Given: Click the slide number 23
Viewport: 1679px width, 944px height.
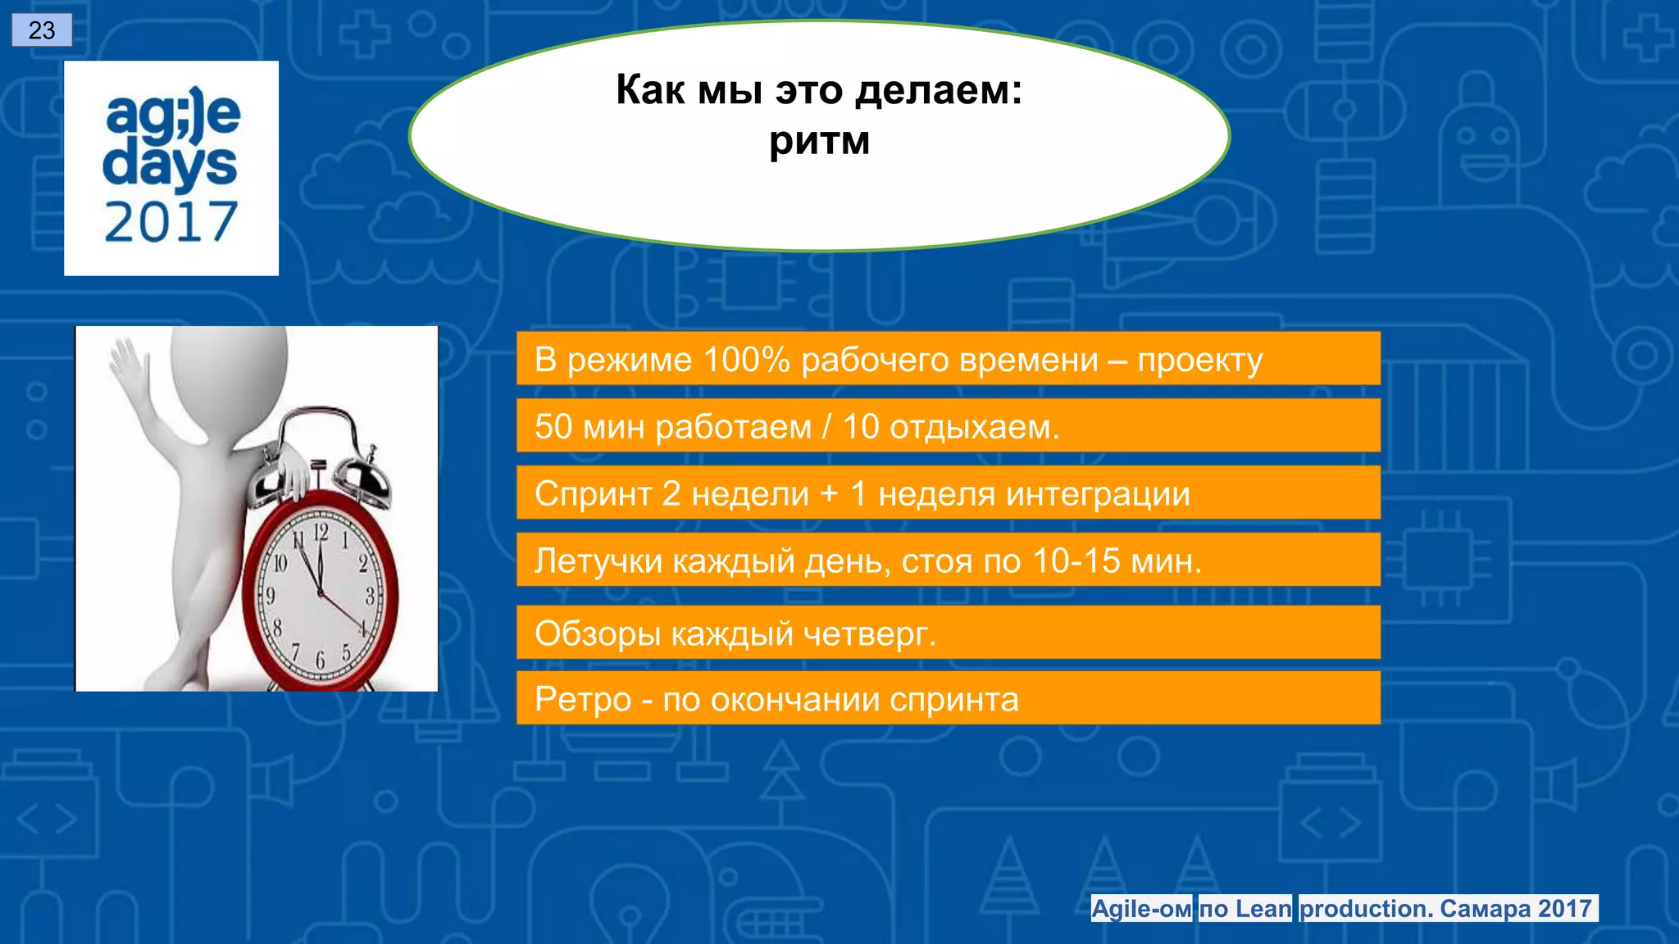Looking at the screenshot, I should (42, 30).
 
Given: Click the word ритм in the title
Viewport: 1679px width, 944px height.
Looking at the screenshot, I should (819, 141).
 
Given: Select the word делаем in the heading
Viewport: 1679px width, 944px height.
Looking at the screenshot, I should (938, 90).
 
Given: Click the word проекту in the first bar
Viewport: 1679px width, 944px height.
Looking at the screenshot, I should (1200, 361).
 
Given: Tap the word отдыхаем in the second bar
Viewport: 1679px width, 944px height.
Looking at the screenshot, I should (974, 427).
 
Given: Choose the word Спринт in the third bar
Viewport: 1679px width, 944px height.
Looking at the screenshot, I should (593, 494).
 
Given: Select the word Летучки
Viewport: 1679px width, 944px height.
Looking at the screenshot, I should (598, 561).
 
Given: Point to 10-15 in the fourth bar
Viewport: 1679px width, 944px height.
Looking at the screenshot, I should (1076, 561).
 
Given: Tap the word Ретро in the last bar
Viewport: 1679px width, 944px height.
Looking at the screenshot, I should (582, 700).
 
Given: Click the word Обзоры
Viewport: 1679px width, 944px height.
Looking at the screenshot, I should (597, 634).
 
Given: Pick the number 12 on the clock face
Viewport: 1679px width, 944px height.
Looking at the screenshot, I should (321, 532).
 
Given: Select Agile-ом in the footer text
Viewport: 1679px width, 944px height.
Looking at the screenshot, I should (1141, 909).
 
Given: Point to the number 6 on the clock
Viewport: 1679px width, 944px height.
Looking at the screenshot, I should (321, 659).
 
